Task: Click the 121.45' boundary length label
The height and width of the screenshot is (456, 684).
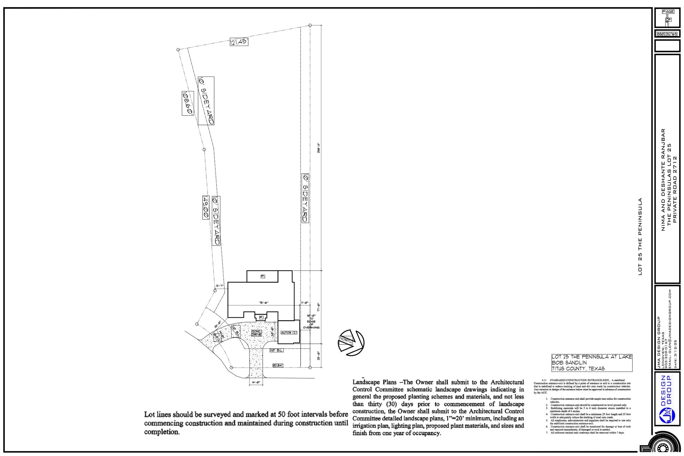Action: (x=239, y=42)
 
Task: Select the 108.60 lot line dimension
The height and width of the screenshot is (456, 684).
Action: (x=188, y=103)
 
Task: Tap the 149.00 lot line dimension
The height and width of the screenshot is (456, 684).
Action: (x=206, y=207)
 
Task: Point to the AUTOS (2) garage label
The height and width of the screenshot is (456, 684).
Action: (x=289, y=333)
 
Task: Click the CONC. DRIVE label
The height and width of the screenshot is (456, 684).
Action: (x=256, y=333)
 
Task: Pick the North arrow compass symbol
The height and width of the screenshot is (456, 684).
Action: (x=351, y=342)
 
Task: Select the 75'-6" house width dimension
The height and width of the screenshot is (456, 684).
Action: (x=264, y=303)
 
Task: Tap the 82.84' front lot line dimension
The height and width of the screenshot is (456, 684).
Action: (x=278, y=365)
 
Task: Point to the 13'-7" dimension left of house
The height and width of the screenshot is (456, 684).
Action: (x=219, y=286)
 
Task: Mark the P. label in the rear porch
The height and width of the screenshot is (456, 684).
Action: (x=263, y=276)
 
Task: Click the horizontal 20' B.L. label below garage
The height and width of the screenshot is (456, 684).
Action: (x=276, y=350)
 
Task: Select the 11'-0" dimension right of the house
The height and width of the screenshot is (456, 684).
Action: (x=305, y=303)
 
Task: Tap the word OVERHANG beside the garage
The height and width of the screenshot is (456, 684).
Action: (x=311, y=328)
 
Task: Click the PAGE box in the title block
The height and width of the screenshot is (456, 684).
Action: (x=668, y=12)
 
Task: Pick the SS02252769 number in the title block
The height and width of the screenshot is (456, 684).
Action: (x=667, y=34)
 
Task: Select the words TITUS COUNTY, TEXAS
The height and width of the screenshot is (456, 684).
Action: (x=578, y=368)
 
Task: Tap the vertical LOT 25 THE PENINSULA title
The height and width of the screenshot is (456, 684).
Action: (x=640, y=236)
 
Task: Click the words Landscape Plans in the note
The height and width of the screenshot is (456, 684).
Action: (x=374, y=382)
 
